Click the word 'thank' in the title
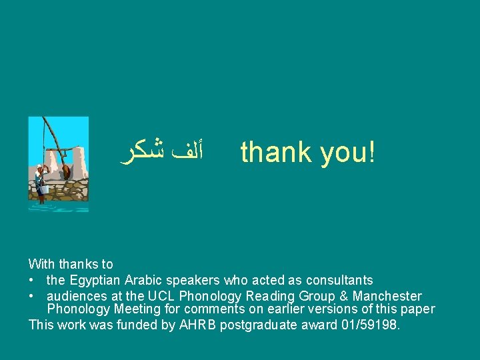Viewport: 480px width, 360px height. pyautogui.click(x=276, y=152)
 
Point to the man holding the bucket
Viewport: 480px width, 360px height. pyautogui.click(x=41, y=178)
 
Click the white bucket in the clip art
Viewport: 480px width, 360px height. pyautogui.click(x=43, y=189)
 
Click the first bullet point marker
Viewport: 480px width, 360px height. pyautogui.click(x=31, y=281)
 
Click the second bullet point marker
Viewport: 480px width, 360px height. pyautogui.click(x=31, y=296)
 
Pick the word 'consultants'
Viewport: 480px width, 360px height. pyautogui.click(x=339, y=281)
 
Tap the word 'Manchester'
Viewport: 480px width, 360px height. pyautogui.click(x=387, y=296)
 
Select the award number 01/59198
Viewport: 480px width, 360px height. pyautogui.click(x=369, y=325)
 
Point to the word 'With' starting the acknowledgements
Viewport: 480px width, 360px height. pyautogui.click(x=41, y=265)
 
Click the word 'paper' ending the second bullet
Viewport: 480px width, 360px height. pyautogui.click(x=417, y=309)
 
